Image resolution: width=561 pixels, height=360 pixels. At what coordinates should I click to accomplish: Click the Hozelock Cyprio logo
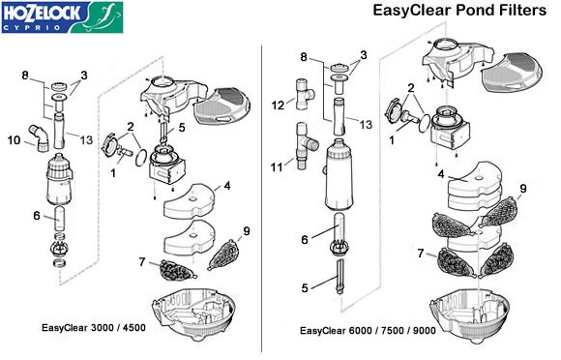coord(62,17)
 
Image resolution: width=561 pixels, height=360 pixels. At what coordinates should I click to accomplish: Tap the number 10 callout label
coord(15,140)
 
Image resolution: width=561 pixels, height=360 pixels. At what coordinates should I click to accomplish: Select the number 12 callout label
coord(278,105)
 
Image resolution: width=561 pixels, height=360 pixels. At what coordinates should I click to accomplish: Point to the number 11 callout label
coord(277,166)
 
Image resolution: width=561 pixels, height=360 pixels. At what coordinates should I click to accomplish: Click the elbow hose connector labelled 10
coord(39,137)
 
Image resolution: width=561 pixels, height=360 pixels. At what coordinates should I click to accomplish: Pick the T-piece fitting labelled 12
coord(305,94)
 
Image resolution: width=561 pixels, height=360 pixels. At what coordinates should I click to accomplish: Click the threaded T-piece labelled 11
coord(306,146)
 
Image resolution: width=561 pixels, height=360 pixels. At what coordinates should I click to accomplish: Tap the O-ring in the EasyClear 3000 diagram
coord(141,158)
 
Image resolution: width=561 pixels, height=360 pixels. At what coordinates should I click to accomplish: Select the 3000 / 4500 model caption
coord(94,328)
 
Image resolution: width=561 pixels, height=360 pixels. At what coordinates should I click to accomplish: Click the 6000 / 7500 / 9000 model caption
coord(368,330)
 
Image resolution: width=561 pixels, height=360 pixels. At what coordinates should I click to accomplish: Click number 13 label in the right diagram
coord(366,125)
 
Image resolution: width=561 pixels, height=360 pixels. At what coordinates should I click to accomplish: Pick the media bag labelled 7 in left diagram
coord(178,270)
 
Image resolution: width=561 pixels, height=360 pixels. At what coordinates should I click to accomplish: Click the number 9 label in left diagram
coord(247,231)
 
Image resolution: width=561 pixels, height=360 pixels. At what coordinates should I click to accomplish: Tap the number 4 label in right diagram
coord(441,174)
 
